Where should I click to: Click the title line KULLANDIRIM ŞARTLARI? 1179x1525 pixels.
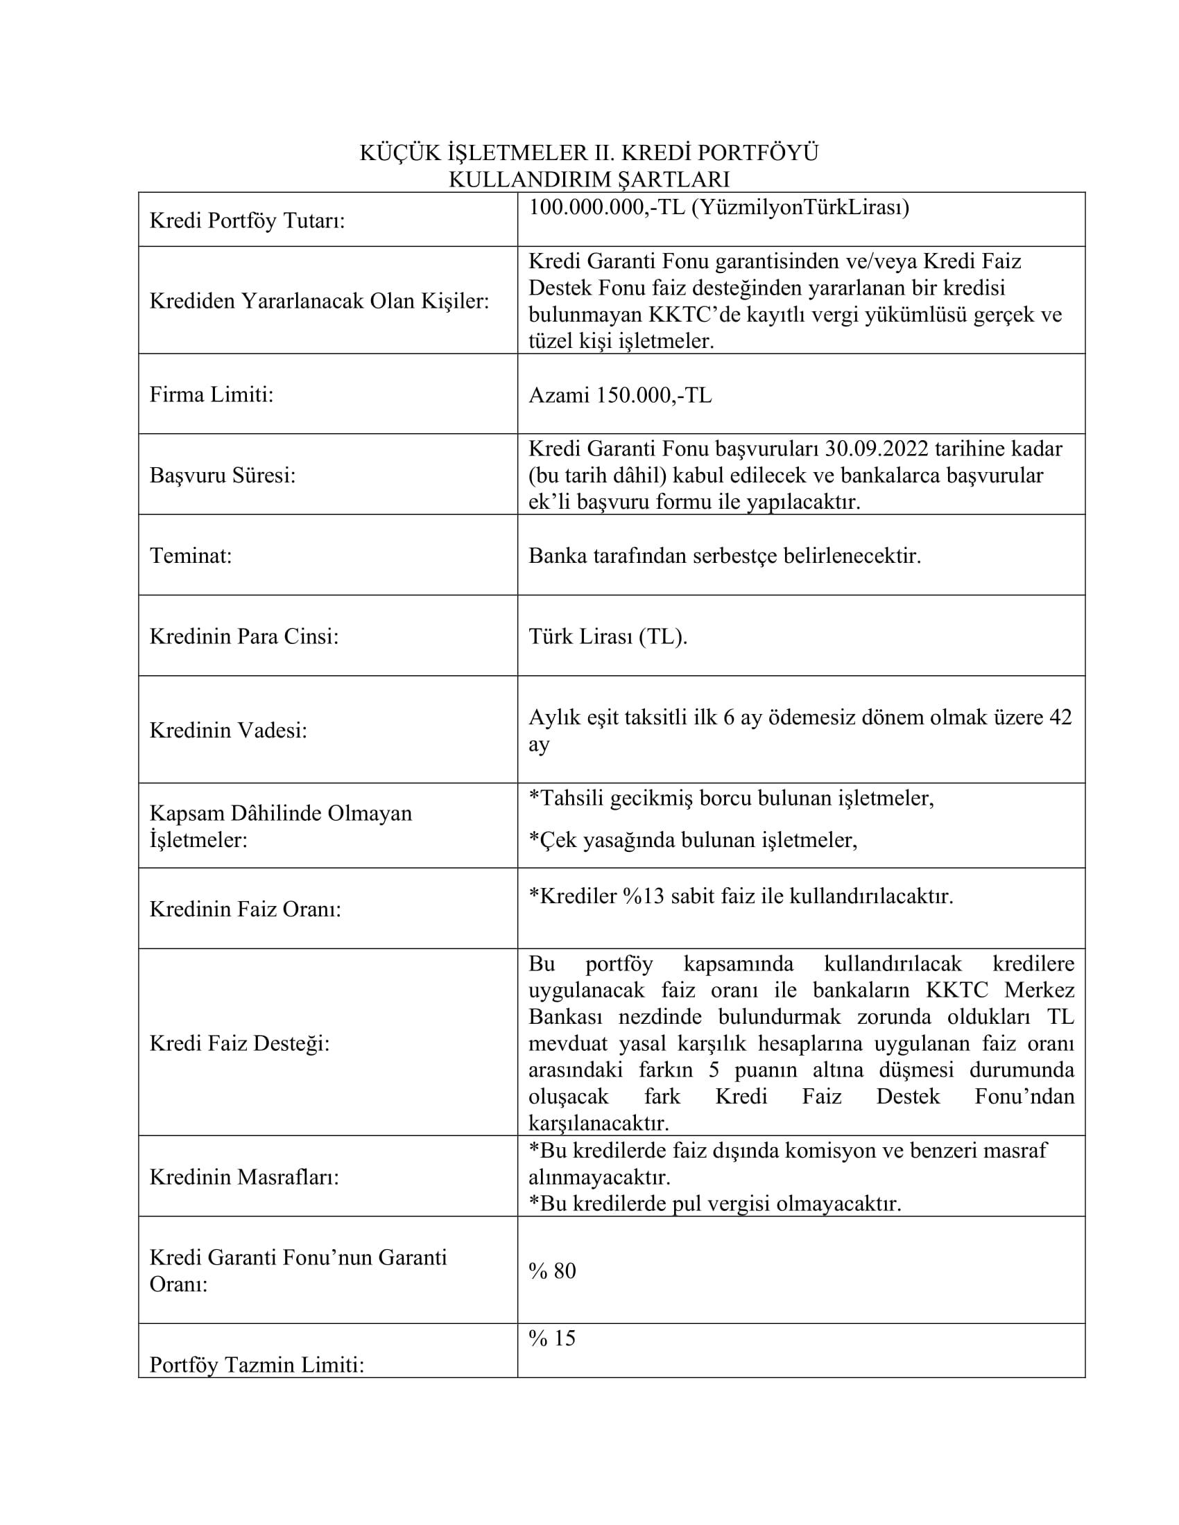tap(589, 180)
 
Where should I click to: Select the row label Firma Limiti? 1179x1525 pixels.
tap(211, 394)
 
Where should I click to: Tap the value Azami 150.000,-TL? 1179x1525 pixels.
tap(619, 395)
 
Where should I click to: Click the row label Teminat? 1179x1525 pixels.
tap(190, 556)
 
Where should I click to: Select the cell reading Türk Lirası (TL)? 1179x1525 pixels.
tap(608, 636)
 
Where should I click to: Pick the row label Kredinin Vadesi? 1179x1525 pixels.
tap(227, 731)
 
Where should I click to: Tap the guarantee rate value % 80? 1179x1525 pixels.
tap(552, 1271)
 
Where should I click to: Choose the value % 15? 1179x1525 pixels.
tap(552, 1338)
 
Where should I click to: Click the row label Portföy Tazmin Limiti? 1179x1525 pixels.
tap(257, 1364)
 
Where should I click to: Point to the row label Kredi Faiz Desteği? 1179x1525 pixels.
tap(239, 1043)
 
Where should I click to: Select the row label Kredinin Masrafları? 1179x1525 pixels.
tap(243, 1177)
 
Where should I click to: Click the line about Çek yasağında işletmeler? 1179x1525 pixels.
tap(692, 839)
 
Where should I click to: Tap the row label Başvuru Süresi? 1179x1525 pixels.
tap(222, 476)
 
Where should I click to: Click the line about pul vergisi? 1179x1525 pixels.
tap(714, 1204)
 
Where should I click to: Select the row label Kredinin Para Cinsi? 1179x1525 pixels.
tap(243, 637)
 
